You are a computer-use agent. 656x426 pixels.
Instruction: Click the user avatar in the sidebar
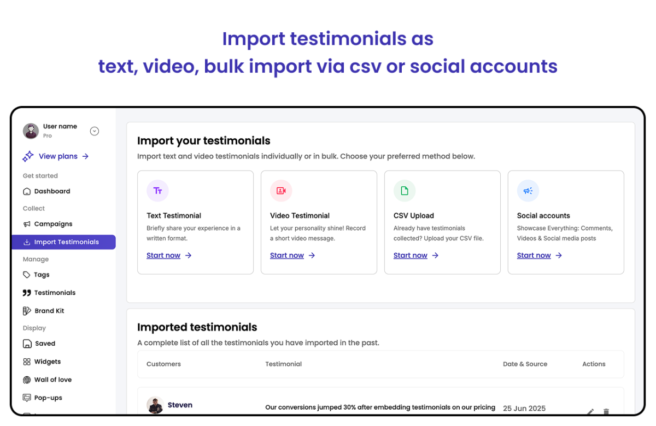[31, 131]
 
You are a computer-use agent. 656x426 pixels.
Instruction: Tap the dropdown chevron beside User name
[94, 131]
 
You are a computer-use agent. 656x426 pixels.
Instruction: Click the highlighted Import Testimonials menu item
[63, 242]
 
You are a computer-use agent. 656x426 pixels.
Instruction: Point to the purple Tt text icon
[157, 191]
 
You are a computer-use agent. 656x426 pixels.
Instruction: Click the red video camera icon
[281, 191]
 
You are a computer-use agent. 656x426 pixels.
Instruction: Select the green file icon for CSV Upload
[405, 191]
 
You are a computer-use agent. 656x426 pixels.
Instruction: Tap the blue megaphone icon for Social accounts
[528, 191]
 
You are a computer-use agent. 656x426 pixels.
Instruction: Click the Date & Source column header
[525, 364]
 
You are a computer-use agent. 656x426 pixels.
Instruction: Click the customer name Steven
[180, 405]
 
